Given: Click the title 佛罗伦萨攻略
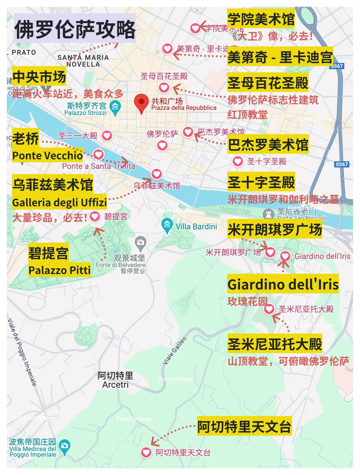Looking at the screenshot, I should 75,29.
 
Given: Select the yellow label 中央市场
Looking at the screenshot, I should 39,77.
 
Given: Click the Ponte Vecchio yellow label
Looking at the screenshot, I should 47,156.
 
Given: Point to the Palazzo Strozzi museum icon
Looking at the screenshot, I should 115,107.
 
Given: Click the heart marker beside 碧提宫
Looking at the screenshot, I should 95,217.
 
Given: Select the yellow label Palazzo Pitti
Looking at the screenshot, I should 60,270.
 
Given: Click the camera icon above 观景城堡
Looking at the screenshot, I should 140,242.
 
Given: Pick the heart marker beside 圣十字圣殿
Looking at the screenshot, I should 238,162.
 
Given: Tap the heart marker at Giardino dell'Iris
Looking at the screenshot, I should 285,256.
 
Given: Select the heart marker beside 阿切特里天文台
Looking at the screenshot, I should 146,452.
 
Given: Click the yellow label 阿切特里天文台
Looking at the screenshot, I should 244,426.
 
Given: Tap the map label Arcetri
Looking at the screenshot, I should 115,385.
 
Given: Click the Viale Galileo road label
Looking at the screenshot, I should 174,351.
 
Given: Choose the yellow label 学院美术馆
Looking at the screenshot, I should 261,19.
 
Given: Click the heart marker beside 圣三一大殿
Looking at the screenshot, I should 107,136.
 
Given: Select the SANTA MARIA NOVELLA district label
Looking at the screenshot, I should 83,61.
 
